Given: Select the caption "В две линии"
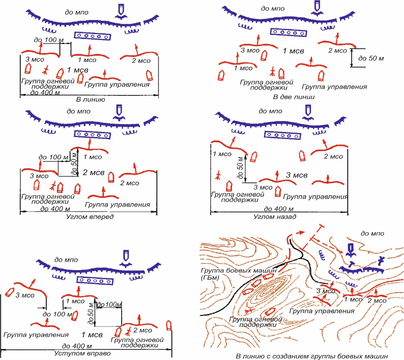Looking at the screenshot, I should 291,96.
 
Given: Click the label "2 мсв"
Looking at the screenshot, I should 94,172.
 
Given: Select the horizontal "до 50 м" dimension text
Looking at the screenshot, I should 370,58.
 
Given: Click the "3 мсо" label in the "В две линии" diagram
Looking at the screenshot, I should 250,50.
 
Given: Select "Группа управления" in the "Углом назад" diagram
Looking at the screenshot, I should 316,196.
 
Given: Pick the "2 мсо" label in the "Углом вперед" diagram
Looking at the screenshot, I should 130,183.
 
